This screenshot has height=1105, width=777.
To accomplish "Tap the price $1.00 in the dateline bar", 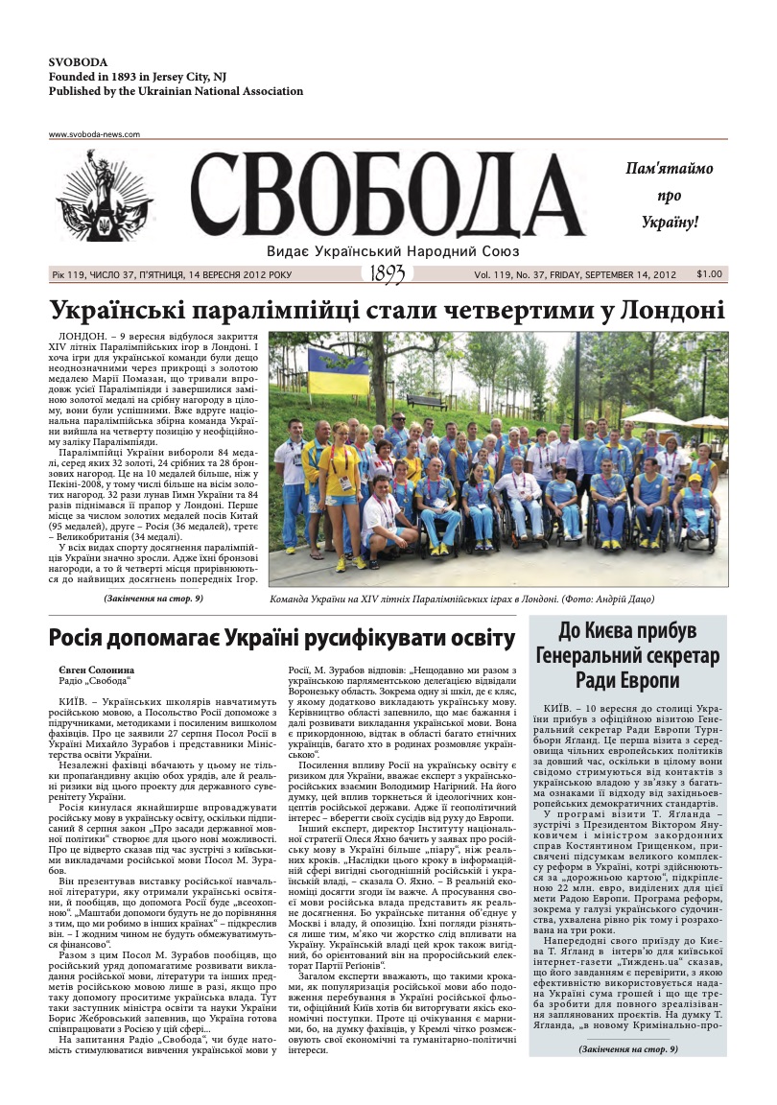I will point(710,274).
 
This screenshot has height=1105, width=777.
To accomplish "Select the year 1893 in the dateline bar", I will point(388,274).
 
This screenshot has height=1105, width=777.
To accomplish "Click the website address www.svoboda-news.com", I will point(95,134).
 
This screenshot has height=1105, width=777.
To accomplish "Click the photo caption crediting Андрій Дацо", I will point(462,599).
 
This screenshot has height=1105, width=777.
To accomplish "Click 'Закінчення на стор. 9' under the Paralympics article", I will point(153,599).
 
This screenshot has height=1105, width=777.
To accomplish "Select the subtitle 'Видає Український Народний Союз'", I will point(393,251).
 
